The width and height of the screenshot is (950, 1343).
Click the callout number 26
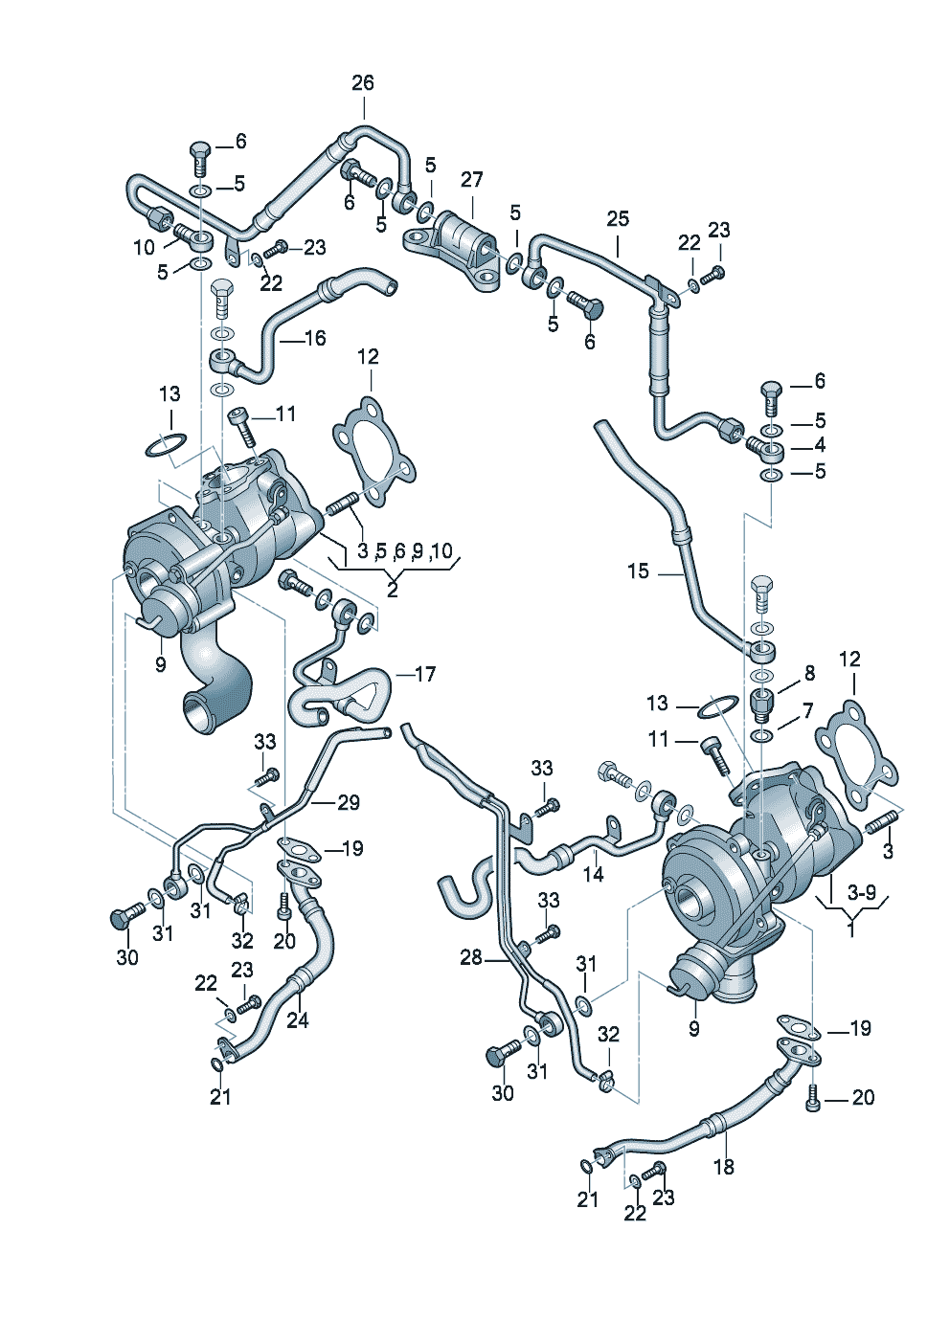coord(363,83)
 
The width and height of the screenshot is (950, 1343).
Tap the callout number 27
coord(472,180)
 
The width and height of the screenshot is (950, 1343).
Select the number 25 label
coord(618,219)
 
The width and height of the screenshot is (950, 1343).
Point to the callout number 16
coord(315,338)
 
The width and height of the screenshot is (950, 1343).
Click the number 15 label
coord(639,571)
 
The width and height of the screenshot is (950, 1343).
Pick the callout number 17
coord(425,674)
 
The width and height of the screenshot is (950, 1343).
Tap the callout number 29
coord(349,802)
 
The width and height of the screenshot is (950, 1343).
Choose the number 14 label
coord(594,873)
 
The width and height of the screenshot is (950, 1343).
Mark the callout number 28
coord(471,957)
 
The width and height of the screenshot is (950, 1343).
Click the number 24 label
coord(298,1020)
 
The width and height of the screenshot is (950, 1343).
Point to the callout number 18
coord(724,1166)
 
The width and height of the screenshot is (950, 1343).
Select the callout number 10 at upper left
coord(144,248)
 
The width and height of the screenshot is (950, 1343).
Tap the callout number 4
coord(820,445)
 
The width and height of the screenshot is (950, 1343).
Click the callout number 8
coord(809,674)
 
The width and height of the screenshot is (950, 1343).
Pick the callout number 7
coord(807,711)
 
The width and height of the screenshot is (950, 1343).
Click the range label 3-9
coord(862,892)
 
